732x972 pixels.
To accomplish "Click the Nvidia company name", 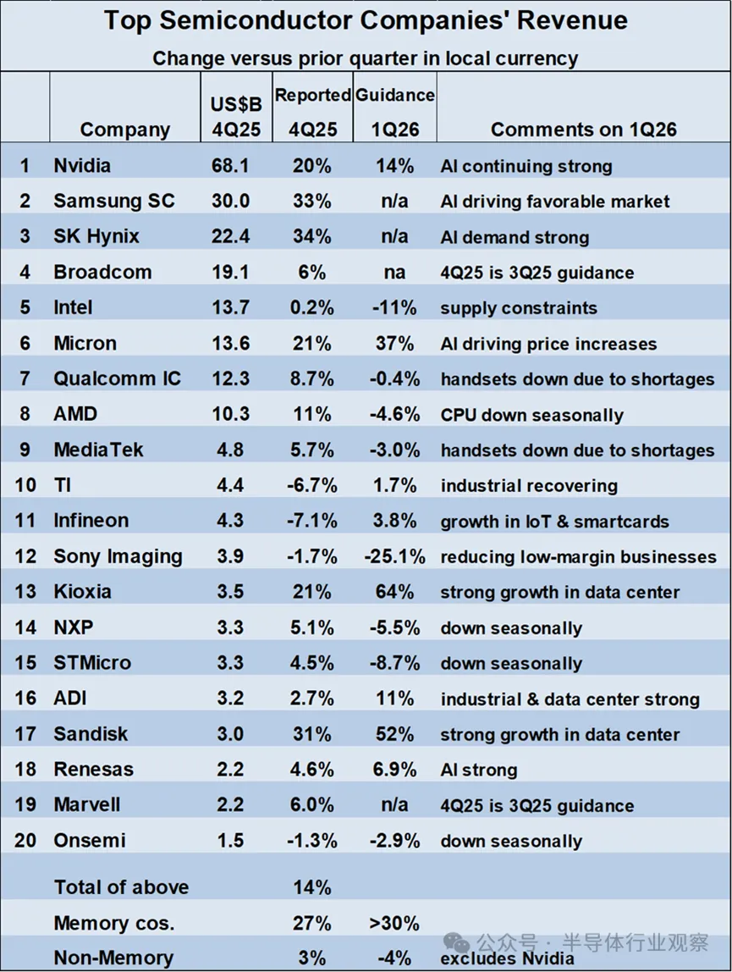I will coord(82,166).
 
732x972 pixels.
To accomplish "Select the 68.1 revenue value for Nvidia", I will coord(230,166).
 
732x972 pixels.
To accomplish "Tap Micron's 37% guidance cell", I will coord(394,344).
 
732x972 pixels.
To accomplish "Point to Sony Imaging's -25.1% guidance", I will coord(394,557).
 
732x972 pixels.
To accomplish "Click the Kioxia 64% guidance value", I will coord(394,592).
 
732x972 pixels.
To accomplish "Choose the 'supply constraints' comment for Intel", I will coord(518,308).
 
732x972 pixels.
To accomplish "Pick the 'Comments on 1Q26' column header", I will coord(584,130).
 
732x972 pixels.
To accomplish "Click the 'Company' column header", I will coord(125,130).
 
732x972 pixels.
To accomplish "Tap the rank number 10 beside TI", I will coord(25,486).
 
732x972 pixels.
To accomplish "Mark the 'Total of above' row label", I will coord(121,887).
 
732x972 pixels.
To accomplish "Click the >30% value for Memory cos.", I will coord(394,923).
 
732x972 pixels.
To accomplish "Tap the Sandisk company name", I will coord(91,734).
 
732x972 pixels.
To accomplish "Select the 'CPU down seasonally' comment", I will coord(531,415).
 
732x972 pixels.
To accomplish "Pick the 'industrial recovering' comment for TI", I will coord(529,486).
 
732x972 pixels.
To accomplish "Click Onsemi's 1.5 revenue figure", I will coord(230,841).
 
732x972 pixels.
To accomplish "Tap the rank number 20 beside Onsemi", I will coord(25,841).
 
